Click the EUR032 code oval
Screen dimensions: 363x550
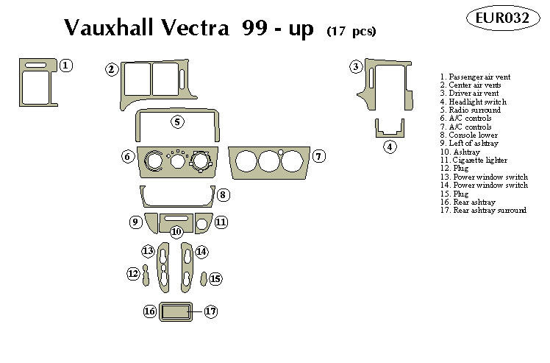point(501,18)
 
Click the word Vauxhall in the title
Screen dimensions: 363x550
point(109,28)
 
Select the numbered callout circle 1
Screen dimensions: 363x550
point(65,66)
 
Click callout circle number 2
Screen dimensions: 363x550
point(112,70)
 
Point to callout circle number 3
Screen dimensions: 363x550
point(356,67)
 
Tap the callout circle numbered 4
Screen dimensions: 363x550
point(390,147)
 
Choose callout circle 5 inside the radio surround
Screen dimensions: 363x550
point(177,121)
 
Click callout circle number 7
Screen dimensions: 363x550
point(318,156)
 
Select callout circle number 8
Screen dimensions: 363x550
point(224,195)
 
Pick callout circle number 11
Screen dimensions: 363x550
point(221,222)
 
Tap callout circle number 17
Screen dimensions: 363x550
point(210,311)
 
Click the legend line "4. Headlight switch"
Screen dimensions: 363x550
point(473,102)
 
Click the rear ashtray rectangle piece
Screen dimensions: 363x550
point(174,312)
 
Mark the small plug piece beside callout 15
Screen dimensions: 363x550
point(203,278)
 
